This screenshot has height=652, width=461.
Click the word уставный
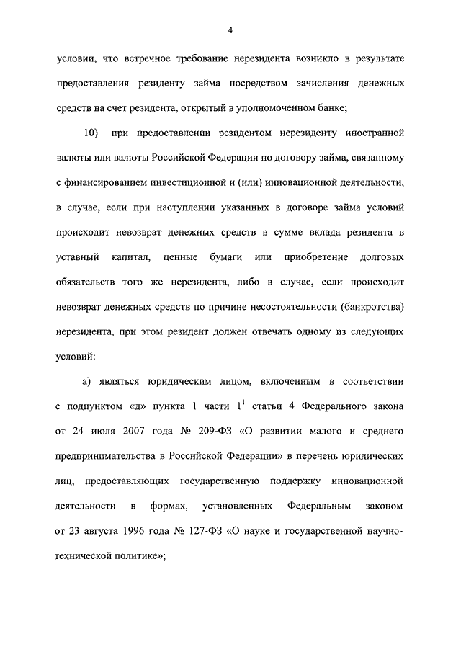tap(76, 257)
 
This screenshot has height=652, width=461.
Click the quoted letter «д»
tap(137, 406)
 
